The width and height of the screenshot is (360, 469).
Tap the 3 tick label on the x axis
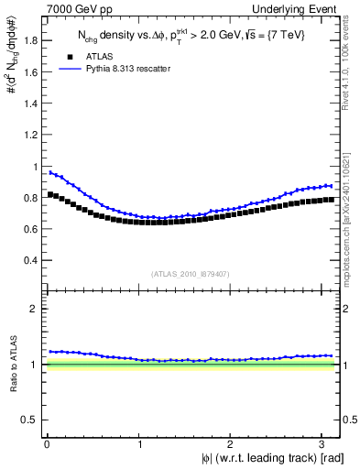[326, 443]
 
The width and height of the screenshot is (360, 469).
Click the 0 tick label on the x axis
[47, 443]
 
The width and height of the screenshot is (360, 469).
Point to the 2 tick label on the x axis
[233, 443]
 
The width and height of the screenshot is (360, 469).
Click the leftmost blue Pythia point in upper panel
[50, 172]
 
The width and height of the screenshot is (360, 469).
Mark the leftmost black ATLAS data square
[50, 194]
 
